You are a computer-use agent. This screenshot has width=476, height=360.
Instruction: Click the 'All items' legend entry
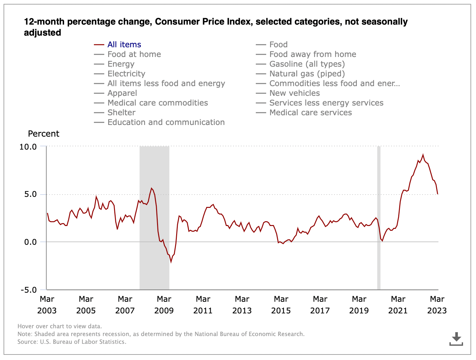(x=124, y=45)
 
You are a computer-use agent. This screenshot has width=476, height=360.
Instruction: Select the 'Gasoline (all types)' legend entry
(x=307, y=64)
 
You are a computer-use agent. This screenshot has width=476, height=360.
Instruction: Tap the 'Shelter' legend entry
(x=121, y=113)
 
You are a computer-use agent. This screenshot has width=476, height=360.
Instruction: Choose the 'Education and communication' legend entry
(x=166, y=122)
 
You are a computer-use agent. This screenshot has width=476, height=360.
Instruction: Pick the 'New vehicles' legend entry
(x=294, y=93)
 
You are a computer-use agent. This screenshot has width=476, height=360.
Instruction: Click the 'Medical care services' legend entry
(x=310, y=113)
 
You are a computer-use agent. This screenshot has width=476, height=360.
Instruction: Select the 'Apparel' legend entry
(x=122, y=93)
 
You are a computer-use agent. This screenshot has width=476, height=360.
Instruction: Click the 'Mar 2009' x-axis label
(x=164, y=305)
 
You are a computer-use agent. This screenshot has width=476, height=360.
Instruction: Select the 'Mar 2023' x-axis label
(x=437, y=305)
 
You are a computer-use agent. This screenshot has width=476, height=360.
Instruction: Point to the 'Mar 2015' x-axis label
(x=281, y=305)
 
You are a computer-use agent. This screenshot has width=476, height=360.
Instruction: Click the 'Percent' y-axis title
(x=44, y=134)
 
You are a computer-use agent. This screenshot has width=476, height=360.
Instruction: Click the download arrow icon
(x=456, y=338)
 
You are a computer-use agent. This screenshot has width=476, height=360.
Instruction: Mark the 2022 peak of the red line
(x=423, y=155)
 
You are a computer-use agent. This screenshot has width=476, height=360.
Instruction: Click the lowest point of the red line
(x=171, y=262)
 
